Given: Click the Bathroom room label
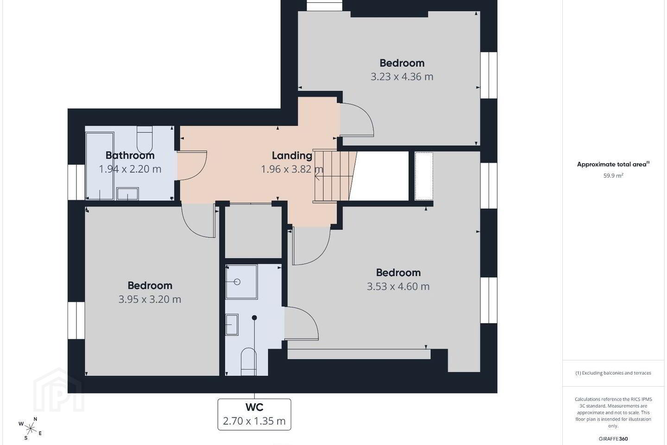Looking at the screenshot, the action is pos(130,155).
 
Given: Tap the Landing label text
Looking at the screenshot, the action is pos(292,156).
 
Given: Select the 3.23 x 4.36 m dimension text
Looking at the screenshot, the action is pos(402,77).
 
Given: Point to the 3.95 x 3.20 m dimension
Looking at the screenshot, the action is pos(150,299).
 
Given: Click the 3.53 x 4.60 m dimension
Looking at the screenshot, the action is pos(398,286).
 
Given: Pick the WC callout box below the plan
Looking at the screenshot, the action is pos(254,414).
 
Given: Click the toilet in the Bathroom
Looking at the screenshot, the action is pos(145,140).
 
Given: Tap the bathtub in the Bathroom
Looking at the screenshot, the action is pos(100,166).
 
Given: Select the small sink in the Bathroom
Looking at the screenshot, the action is pos(127,194).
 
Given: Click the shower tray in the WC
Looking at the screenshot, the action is pos(241,282).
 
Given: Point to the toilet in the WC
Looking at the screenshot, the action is pos(248,362).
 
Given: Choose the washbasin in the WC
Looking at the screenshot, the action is pos(232,324).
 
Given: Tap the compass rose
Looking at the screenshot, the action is pos(30,429).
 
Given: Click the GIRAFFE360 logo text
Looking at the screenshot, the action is pos(613,439).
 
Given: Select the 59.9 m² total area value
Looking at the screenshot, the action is pos(613,176).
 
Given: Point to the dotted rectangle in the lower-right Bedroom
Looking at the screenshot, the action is pos(424,176).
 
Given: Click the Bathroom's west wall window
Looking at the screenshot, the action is pos(76,182).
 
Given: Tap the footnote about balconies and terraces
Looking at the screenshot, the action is pos(613,373).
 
